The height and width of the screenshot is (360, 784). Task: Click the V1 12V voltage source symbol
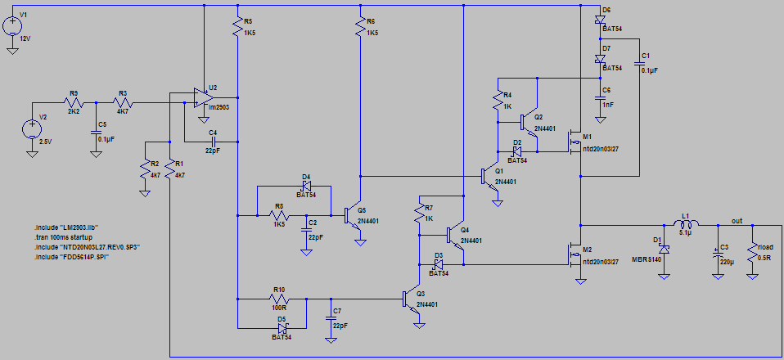coord(13,25)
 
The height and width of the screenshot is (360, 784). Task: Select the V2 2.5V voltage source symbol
coord(33,129)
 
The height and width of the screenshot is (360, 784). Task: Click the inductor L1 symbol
coord(686,224)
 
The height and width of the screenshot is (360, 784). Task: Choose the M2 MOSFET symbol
coord(574,255)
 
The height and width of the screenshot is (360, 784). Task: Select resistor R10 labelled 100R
coord(278,299)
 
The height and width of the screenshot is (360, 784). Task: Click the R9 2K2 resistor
coord(72,103)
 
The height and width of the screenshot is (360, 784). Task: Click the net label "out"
coord(737,220)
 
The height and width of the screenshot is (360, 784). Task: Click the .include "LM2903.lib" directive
coord(65,226)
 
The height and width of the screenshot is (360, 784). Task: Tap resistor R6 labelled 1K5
coord(360,29)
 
